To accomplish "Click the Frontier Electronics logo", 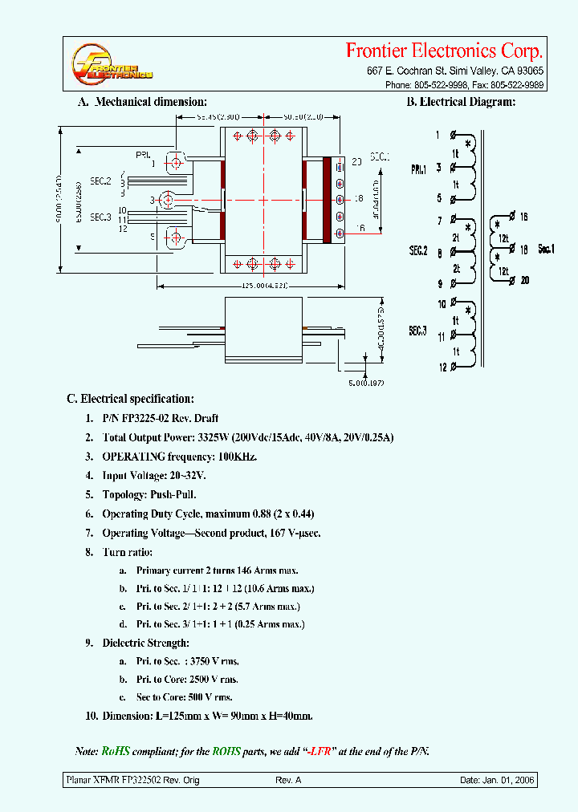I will (x=111, y=65).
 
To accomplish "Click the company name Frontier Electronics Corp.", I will (x=444, y=51).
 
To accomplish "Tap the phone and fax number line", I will (x=464, y=84).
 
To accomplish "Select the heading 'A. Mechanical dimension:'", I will (x=142, y=102).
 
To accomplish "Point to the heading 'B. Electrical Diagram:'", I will (x=460, y=102).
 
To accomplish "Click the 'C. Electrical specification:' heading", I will (x=130, y=399).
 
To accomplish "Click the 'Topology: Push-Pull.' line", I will (x=149, y=495).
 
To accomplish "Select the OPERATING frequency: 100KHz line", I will (x=179, y=457).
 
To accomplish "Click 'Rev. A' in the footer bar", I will (x=288, y=780).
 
